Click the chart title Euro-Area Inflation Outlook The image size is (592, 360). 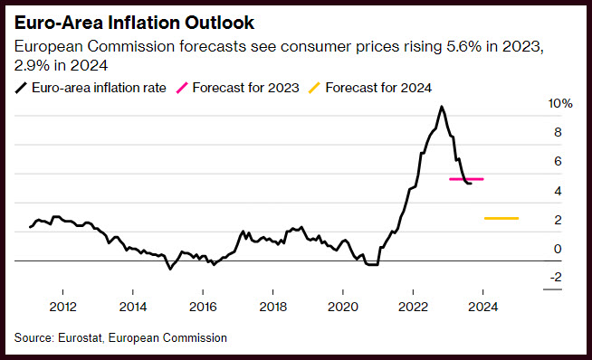click(x=134, y=23)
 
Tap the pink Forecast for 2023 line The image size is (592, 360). click(x=466, y=179)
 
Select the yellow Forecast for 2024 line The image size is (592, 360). click(x=501, y=218)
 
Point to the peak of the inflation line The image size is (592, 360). click(x=441, y=107)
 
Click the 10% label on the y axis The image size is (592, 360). click(x=560, y=103)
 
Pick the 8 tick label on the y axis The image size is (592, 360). click(x=558, y=132)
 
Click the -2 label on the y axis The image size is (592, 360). click(x=556, y=277)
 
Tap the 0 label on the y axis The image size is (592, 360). click(x=558, y=249)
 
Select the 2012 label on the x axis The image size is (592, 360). click(x=62, y=307)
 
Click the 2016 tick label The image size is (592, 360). click(x=203, y=307)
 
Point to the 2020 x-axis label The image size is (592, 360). click(x=343, y=307)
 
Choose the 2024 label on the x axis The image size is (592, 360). click(x=482, y=307)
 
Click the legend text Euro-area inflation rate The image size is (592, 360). click(x=99, y=88)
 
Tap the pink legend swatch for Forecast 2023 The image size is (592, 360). click(x=182, y=88)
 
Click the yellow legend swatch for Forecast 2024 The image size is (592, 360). click(x=314, y=88)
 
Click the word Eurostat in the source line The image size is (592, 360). click(x=81, y=337)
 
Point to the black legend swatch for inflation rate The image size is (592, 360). click(x=21, y=88)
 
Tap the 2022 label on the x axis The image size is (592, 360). click(x=413, y=307)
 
